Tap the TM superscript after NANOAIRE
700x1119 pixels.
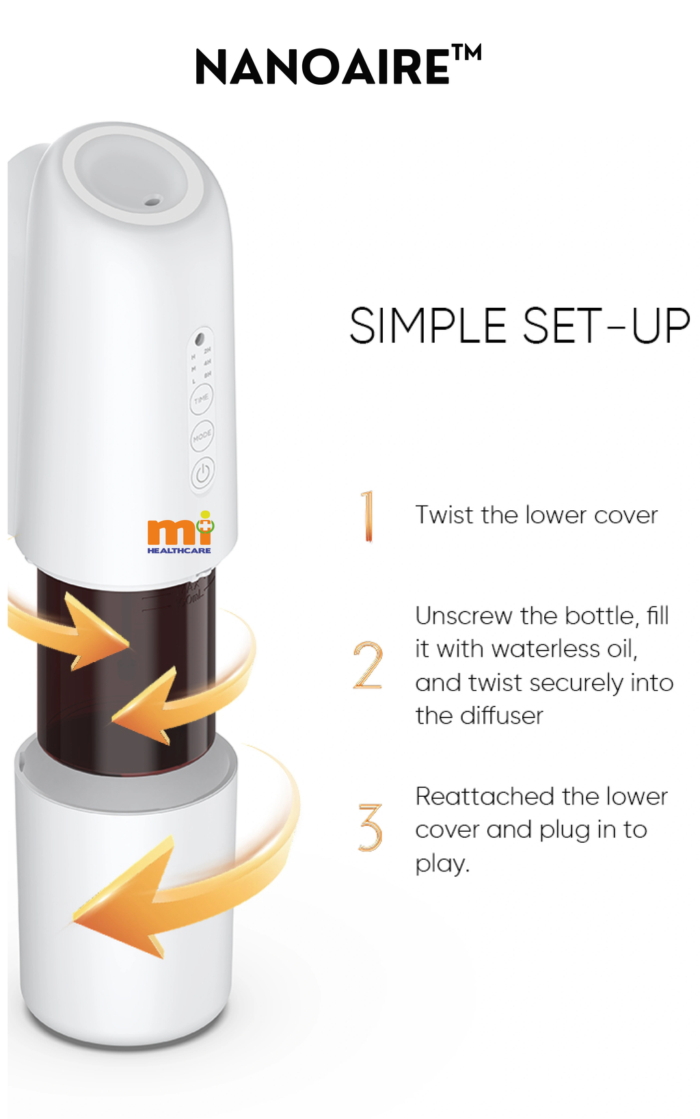click(467, 53)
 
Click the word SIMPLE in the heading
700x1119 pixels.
click(427, 326)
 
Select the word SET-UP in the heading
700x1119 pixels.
click(606, 326)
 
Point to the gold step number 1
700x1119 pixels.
click(368, 516)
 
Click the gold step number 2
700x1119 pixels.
click(368, 665)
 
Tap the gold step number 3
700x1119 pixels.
click(370, 827)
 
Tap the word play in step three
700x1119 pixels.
click(440, 864)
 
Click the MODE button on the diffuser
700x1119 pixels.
click(202, 436)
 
